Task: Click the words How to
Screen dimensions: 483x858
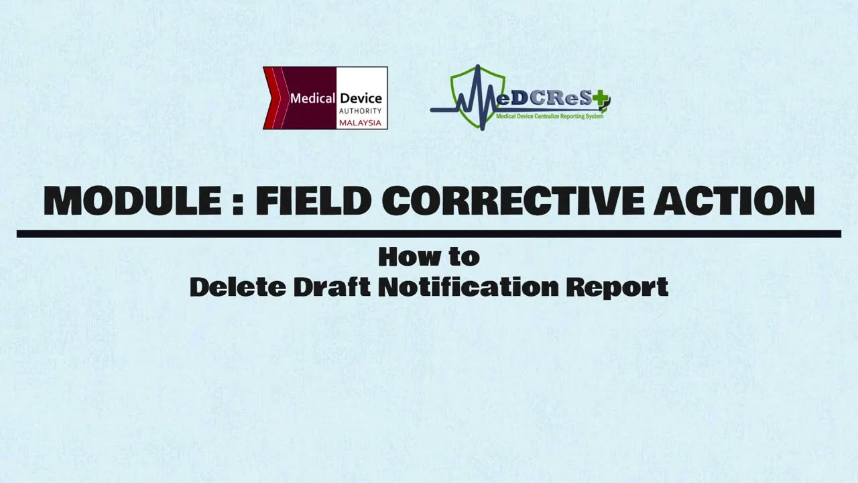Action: (429, 256)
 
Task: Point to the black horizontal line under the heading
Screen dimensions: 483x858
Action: (429, 234)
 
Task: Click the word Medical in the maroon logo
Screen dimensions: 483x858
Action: (312, 99)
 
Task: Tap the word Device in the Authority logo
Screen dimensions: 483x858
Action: (361, 99)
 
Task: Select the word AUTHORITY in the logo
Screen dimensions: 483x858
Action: (361, 111)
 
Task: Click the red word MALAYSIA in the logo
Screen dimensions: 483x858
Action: (361, 123)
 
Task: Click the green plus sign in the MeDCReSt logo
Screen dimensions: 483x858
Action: (601, 101)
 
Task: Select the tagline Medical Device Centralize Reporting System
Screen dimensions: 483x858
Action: (550, 116)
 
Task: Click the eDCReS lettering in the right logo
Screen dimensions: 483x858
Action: (543, 100)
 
